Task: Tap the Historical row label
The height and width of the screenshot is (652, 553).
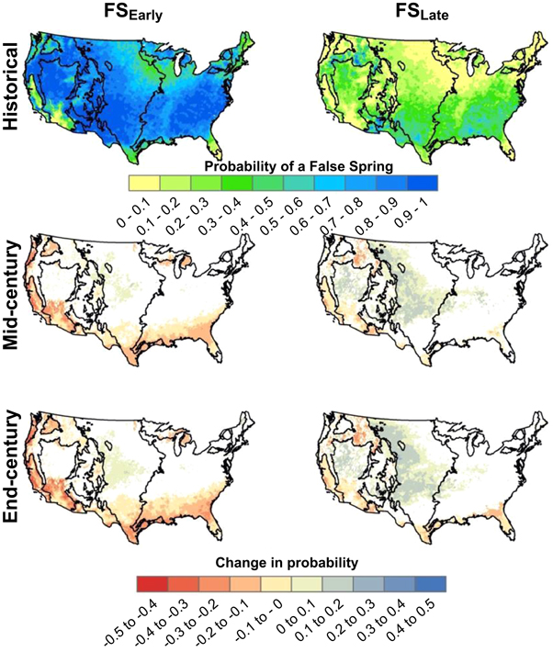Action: click(x=13, y=87)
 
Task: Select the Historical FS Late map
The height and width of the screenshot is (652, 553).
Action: click(x=423, y=87)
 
